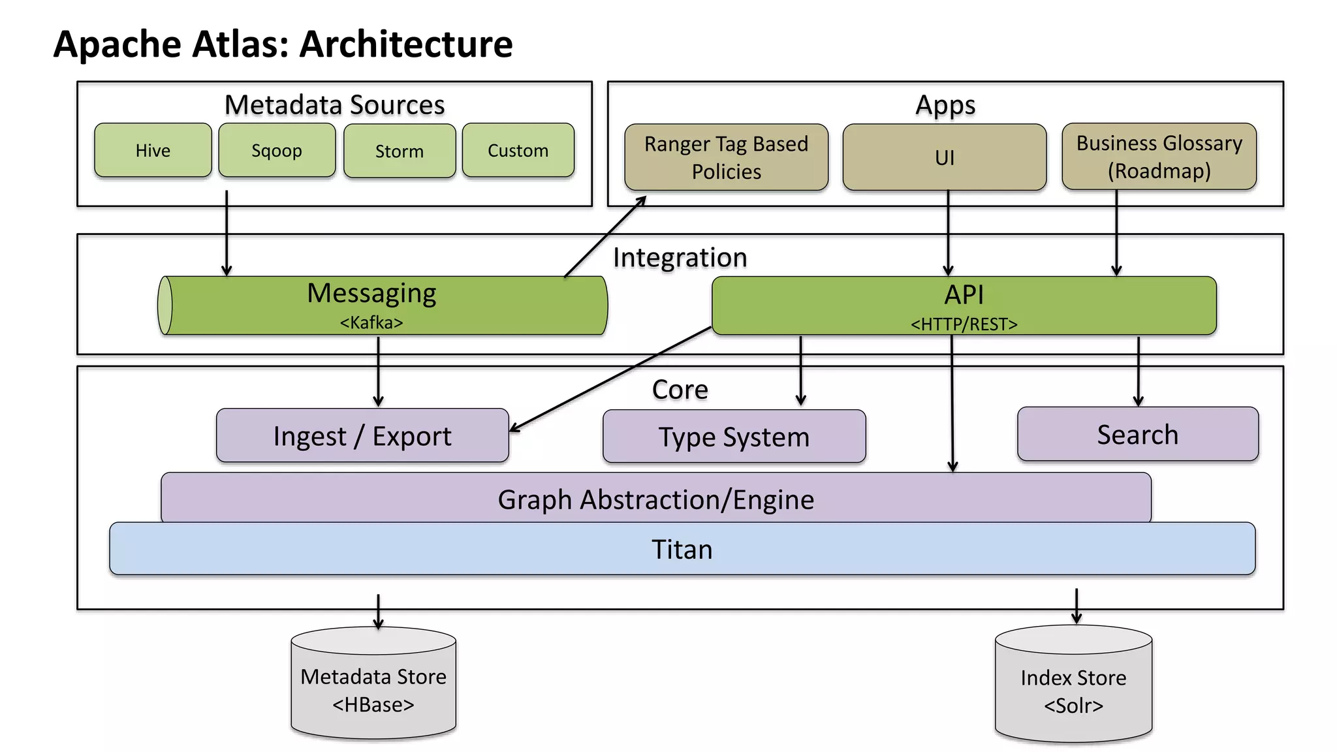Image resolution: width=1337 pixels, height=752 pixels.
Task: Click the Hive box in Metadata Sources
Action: pyautogui.click(x=153, y=150)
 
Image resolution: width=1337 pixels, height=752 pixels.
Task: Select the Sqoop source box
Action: pyautogui.click(x=277, y=150)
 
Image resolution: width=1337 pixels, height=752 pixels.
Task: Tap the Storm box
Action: pyautogui.click(x=400, y=151)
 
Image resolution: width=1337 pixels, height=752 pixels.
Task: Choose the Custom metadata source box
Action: pyautogui.click(x=518, y=150)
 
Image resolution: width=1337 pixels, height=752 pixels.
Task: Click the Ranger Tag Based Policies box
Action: pyautogui.click(x=726, y=157)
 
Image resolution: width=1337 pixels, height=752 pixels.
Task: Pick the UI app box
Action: pyautogui.click(x=944, y=157)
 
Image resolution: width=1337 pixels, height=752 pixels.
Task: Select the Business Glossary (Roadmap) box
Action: pyautogui.click(x=1159, y=157)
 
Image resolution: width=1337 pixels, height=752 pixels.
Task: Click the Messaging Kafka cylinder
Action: pyautogui.click(x=383, y=305)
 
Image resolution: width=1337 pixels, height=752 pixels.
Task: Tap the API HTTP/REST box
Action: pyautogui.click(x=964, y=305)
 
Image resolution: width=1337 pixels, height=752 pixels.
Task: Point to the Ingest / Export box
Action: pyautogui.click(x=362, y=435)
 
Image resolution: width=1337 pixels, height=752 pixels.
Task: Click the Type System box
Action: pyautogui.click(x=734, y=436)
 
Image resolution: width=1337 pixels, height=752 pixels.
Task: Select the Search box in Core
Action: pyautogui.click(x=1137, y=434)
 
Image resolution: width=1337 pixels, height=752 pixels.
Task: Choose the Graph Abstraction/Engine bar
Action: pyautogui.click(x=655, y=499)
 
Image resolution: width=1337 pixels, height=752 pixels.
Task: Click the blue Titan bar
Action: pyautogui.click(x=682, y=549)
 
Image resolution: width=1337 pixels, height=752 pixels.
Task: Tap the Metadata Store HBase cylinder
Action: pyautogui.click(x=373, y=685)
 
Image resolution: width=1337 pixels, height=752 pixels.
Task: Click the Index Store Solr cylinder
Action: pyautogui.click(x=1073, y=687)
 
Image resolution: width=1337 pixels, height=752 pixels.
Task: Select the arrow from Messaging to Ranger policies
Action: pyautogui.click(x=605, y=236)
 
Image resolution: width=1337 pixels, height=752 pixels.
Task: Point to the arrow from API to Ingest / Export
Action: pyautogui.click(x=610, y=379)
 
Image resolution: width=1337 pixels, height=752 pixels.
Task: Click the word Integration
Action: pyautogui.click(x=680, y=257)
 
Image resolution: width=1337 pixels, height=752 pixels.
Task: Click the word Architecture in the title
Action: pyautogui.click(x=406, y=44)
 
